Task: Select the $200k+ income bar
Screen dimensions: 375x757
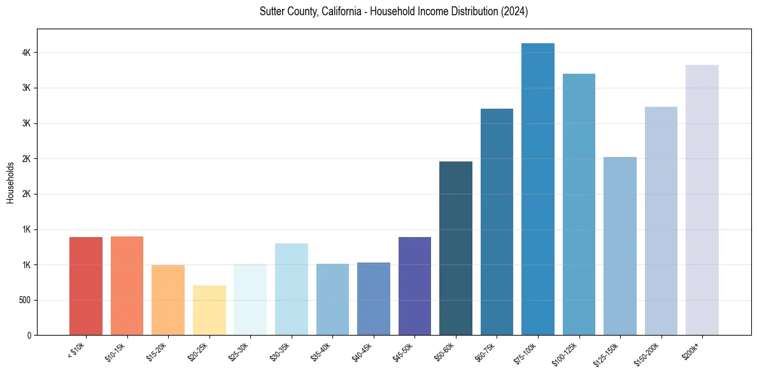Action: [702, 200]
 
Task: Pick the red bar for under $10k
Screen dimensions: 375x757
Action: [86, 286]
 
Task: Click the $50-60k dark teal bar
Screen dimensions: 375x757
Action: [456, 248]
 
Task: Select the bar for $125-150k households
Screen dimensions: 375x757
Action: [620, 245]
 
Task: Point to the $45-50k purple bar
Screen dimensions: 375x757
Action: [414, 286]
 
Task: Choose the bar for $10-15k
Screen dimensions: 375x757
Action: [127, 285]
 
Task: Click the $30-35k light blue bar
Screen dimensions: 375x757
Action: [292, 289]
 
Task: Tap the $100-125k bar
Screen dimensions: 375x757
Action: [579, 204]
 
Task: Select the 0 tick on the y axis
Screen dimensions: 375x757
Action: [29, 335]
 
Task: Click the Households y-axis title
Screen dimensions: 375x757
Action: [11, 182]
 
